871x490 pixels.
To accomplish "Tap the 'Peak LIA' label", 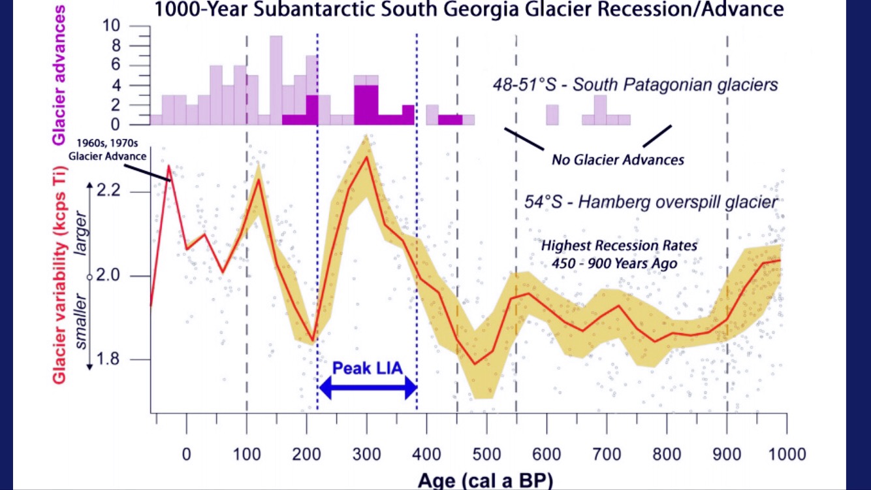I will pyautogui.click(x=367, y=367).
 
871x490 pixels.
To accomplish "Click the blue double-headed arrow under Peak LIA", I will pyautogui.click(x=368, y=389).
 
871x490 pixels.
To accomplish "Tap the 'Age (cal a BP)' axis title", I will pyautogui.click(x=485, y=480).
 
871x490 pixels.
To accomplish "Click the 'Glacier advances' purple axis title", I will pyautogui.click(x=60, y=73).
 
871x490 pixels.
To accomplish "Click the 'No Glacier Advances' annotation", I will pyautogui.click(x=618, y=159).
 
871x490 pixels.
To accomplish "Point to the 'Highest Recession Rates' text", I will pyautogui.click(x=619, y=246).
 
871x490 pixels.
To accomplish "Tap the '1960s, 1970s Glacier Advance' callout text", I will pyautogui.click(x=108, y=150).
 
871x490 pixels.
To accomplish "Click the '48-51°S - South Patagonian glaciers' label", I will pyautogui.click(x=635, y=84).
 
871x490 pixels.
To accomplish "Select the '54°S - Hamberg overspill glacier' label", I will pyautogui.click(x=651, y=202).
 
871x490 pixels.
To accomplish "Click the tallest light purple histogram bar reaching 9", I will pyautogui.click(x=276, y=78).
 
